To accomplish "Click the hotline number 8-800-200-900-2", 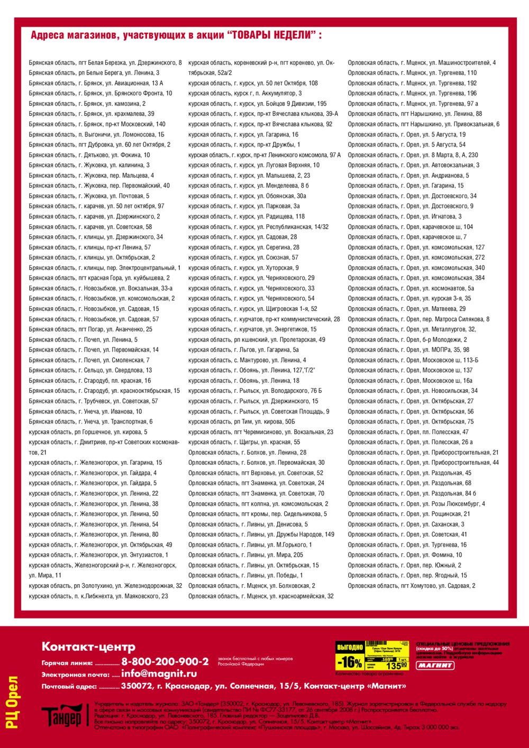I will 165,661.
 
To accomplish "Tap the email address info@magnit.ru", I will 159,673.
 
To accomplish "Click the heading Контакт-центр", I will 88,647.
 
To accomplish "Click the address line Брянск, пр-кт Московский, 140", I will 97,124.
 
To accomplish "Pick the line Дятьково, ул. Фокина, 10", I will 89,155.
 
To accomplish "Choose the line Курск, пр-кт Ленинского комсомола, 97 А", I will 264,155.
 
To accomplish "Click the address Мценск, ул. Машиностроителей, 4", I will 422,63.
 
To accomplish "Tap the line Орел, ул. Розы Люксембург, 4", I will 416,504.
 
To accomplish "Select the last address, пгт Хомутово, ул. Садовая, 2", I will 411,586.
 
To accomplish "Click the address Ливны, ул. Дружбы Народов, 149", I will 261,534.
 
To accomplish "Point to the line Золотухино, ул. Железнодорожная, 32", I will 105,586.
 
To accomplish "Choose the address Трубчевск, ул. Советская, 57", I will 93,401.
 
